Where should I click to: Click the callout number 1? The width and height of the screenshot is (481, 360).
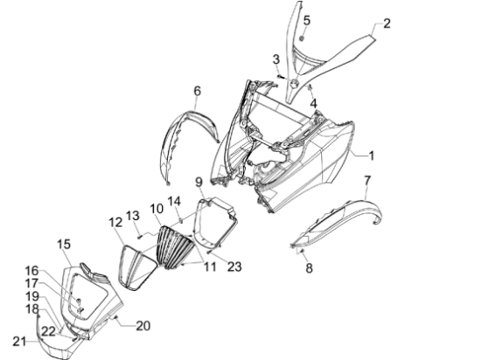click(371, 156)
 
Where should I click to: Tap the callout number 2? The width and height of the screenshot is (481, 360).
click(387, 24)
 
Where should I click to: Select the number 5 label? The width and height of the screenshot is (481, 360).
click(307, 20)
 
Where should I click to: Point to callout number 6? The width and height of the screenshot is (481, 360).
click(198, 91)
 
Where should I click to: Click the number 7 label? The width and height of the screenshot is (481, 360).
click(367, 181)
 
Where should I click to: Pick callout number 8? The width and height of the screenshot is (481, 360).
click(309, 268)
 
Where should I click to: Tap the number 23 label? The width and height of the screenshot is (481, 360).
click(234, 267)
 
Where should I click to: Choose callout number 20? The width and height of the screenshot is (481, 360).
click(143, 326)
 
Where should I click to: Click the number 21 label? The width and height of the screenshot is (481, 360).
click(19, 342)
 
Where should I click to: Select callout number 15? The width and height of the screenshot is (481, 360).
click(64, 244)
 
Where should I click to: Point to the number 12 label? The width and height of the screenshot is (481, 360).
click(115, 222)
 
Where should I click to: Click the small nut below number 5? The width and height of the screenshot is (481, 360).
click(302, 38)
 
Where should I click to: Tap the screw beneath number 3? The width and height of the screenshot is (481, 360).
click(280, 76)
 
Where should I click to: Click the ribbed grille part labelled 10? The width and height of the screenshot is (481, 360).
click(175, 247)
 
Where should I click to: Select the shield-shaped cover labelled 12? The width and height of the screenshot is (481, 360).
click(137, 267)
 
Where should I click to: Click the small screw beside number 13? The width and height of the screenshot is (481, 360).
click(140, 236)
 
